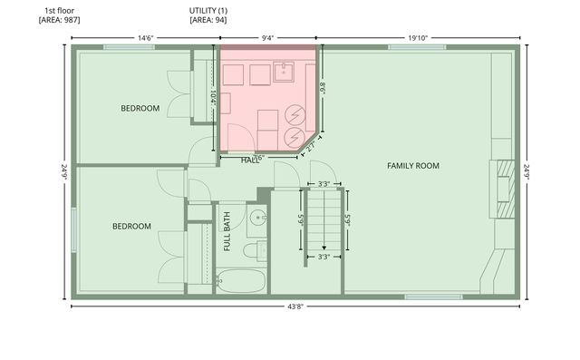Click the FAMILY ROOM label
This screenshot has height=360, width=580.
coord(412,166)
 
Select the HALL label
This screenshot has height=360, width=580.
coord(250,161)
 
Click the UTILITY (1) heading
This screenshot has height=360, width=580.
coord(208,10)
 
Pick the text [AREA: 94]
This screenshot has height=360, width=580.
coord(208,20)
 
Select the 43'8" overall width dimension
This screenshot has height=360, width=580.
coord(295,306)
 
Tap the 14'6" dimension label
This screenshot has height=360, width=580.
coord(145,38)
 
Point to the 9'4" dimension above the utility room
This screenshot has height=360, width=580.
coord(268,38)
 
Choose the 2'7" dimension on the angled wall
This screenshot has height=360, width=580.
coord(310,143)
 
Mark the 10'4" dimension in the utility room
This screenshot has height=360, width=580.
coord(213,96)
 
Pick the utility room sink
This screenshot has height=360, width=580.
coord(282,71)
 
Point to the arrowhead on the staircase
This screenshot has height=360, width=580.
coord(323,247)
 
